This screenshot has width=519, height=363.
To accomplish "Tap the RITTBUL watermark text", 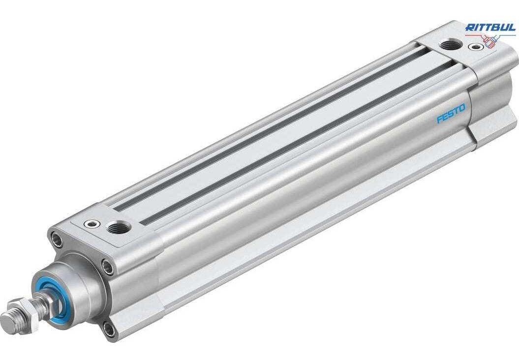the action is [490, 28].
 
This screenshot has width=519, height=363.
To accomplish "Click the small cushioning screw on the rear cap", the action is [475, 47].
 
